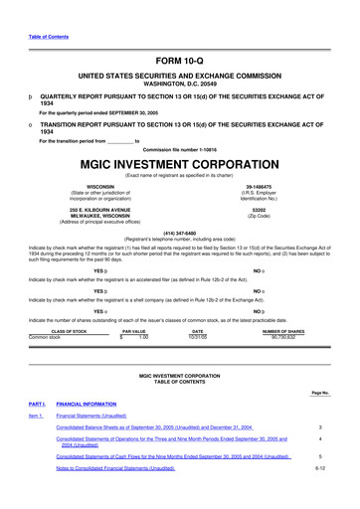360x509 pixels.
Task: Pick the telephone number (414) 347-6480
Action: click(x=179, y=235)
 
